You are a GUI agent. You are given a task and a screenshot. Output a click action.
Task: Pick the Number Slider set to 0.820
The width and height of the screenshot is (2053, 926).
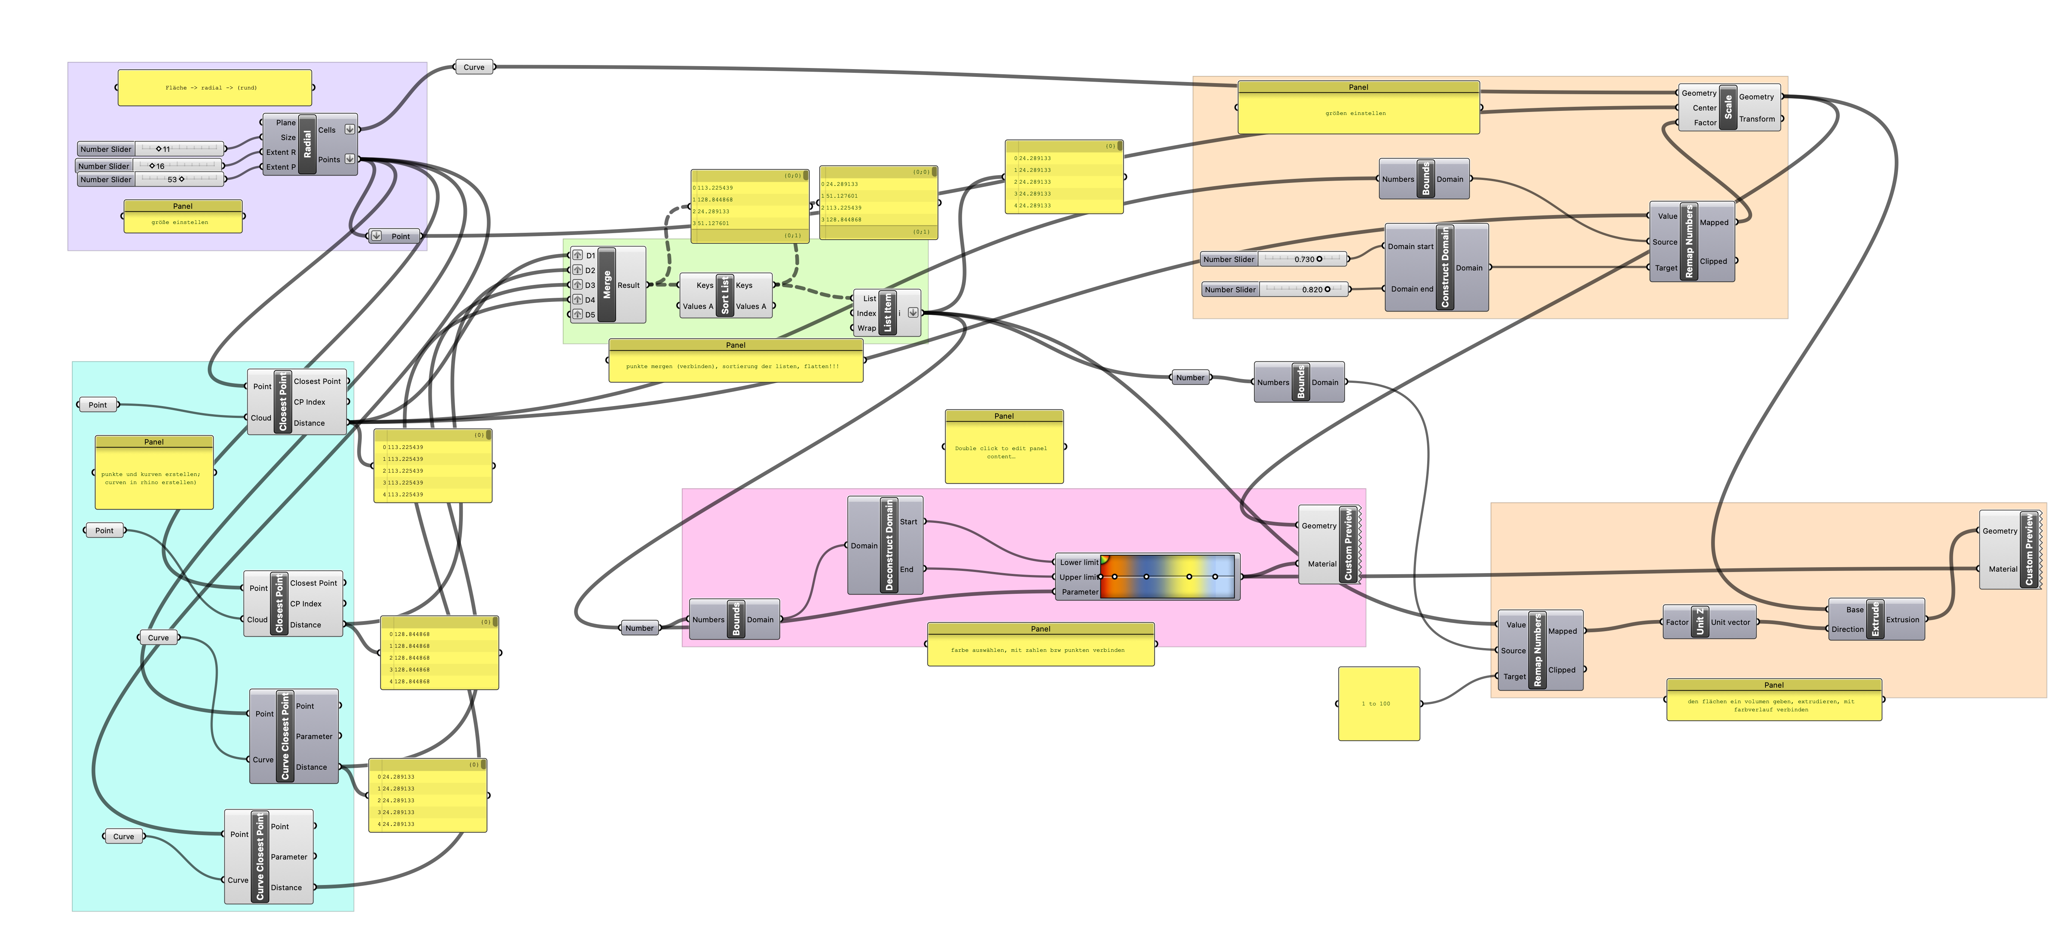coord(1275,289)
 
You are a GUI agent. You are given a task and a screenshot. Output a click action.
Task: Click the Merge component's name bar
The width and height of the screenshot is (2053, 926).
coord(607,285)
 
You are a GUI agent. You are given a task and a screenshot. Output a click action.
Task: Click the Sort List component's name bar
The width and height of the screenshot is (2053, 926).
coord(725,296)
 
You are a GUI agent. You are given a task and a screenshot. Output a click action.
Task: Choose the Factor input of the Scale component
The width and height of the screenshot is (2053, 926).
coord(1705,123)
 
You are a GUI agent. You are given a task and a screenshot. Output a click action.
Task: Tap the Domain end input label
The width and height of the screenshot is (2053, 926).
coord(1411,289)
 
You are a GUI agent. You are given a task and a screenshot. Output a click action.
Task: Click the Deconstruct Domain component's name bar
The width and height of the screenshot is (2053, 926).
coord(889,545)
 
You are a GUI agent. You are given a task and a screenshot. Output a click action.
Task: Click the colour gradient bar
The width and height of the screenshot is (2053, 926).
coord(1168,576)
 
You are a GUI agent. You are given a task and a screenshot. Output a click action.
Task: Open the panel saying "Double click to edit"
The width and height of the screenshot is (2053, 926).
coord(1003,452)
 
